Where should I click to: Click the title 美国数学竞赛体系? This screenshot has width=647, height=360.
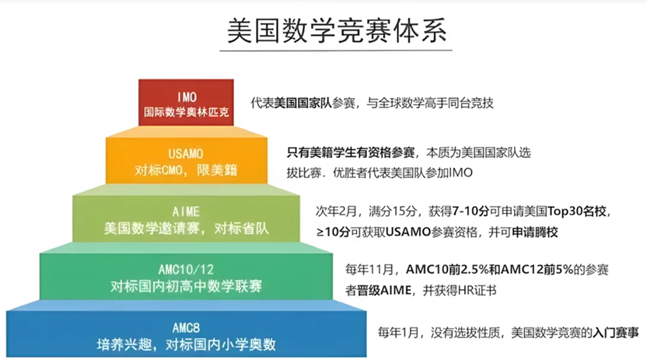[336, 31]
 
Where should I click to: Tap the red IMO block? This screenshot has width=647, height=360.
[186, 103]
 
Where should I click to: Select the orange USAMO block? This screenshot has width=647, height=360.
[187, 160]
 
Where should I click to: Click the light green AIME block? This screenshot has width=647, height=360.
[186, 218]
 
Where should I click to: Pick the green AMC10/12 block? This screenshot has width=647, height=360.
[186, 276]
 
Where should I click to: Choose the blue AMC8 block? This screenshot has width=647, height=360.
[186, 334]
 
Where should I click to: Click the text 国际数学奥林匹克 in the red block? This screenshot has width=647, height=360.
[186, 112]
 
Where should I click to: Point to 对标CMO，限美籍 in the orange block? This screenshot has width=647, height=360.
[186, 170]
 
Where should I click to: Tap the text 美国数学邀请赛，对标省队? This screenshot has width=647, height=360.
[186, 228]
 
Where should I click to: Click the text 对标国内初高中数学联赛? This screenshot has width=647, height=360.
[186, 286]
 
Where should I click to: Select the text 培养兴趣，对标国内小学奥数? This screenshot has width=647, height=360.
[186, 344]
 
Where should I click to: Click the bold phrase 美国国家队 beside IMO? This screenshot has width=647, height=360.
[303, 103]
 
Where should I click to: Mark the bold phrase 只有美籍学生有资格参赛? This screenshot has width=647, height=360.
[351, 152]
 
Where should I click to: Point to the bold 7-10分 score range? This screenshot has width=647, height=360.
[470, 211]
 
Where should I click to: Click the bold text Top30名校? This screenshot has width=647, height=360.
[577, 211]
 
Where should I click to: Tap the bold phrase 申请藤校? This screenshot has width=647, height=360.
[535, 232]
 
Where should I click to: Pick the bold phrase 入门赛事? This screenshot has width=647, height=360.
[616, 332]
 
